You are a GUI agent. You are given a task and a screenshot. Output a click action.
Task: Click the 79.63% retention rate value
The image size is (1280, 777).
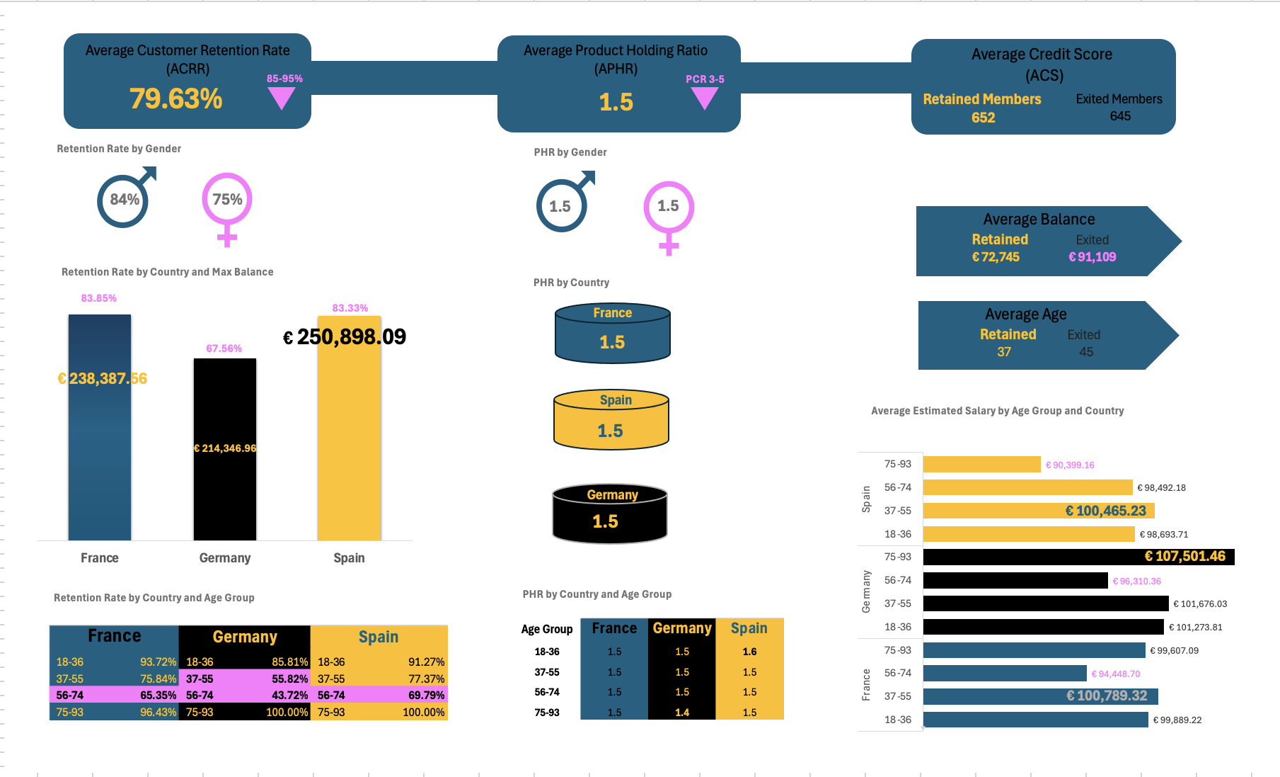pos(175,99)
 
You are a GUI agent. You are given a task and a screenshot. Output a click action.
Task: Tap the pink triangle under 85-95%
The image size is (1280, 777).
pos(282,98)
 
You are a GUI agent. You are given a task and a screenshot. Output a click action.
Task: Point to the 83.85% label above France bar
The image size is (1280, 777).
pos(98,298)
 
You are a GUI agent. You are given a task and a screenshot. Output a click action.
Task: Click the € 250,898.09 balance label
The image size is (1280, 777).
pos(345,337)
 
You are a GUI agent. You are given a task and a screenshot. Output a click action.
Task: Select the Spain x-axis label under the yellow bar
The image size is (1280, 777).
pos(349,558)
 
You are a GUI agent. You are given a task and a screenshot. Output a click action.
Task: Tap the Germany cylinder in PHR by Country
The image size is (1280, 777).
pos(609,514)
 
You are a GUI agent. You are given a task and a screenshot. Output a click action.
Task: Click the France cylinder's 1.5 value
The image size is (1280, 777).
pos(612,343)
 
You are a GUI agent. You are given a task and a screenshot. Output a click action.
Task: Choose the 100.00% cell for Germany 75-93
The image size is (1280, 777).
pos(287,713)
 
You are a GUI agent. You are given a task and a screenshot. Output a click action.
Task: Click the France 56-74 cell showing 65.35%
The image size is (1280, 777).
pos(158,696)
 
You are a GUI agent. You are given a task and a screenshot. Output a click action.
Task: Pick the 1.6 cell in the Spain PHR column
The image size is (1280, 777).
pos(749,652)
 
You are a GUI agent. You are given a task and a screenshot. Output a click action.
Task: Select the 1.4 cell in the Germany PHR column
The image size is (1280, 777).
pos(681,713)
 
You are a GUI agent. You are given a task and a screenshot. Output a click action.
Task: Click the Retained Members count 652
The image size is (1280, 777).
pos(983,118)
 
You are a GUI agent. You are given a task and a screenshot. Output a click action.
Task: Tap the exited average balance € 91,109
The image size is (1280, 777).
pos(1092,257)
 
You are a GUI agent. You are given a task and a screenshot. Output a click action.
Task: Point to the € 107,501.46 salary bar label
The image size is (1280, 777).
pos(1184,557)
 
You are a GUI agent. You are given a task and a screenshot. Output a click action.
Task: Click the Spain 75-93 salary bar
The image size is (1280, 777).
pos(981,465)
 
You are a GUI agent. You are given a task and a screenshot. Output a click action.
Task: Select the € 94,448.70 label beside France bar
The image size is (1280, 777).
pos(1115,674)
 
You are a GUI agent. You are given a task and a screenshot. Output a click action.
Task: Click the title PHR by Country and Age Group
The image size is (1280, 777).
pos(596,594)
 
